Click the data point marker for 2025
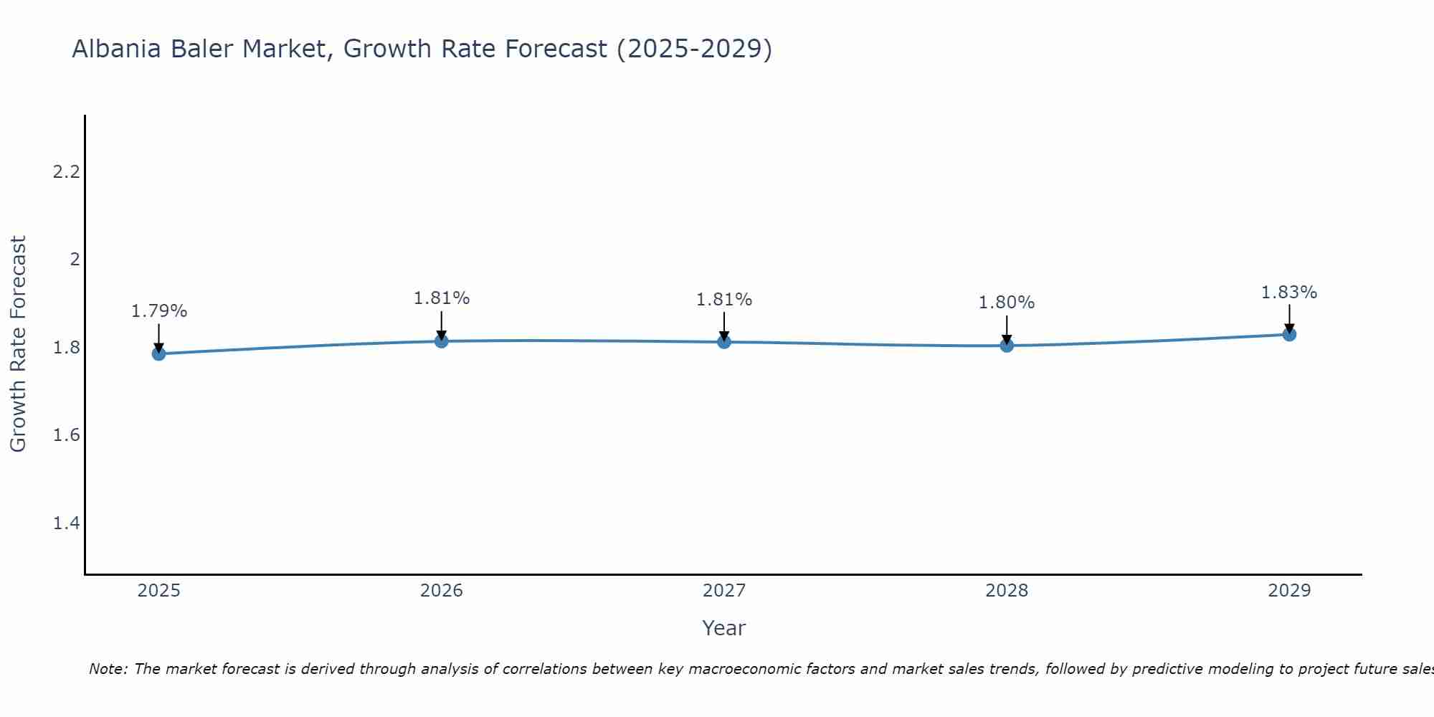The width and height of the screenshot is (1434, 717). coord(158,353)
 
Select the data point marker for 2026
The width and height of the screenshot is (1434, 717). coord(441,341)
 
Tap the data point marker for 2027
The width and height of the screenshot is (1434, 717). coord(723,342)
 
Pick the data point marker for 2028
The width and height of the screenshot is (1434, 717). coord(1006,346)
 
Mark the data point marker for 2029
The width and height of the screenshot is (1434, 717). coord(1288,334)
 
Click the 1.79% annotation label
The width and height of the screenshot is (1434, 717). coord(158,311)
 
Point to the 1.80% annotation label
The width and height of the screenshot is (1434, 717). coord(1006,303)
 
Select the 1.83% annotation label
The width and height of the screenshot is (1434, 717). coord(1288,293)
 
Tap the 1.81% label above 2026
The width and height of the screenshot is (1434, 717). coord(441,298)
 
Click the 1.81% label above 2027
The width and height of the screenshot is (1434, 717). coord(723,300)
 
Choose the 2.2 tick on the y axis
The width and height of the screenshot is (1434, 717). coord(66,172)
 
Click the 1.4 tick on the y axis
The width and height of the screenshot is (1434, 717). coord(66,523)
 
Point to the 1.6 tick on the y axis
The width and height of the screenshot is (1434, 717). coord(66,435)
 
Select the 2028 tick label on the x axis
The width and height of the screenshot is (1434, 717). coord(1006,591)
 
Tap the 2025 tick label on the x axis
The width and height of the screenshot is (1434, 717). coord(158,591)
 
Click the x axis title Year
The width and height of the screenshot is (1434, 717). coord(723,628)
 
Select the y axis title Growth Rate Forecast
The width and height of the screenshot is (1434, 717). coord(18,344)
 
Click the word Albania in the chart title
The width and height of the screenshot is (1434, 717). coord(118,49)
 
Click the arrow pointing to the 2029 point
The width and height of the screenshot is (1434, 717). coord(1288,318)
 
